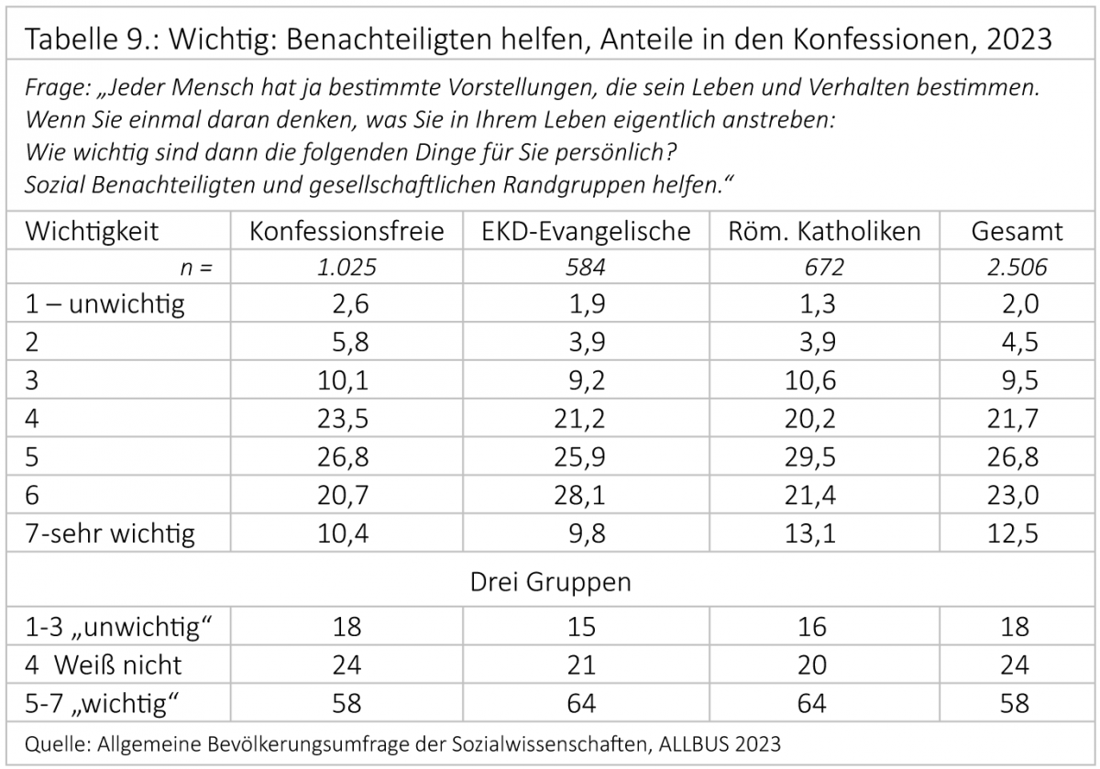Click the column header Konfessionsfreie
click(346, 231)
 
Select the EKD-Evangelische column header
click(586, 231)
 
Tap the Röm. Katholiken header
click(824, 231)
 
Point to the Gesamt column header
click(1017, 231)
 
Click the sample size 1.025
click(346, 268)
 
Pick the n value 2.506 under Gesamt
click(1017, 268)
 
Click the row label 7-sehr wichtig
click(111, 533)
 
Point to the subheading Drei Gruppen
click(550, 581)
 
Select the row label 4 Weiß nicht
click(104, 665)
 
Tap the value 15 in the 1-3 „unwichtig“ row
click(582, 627)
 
